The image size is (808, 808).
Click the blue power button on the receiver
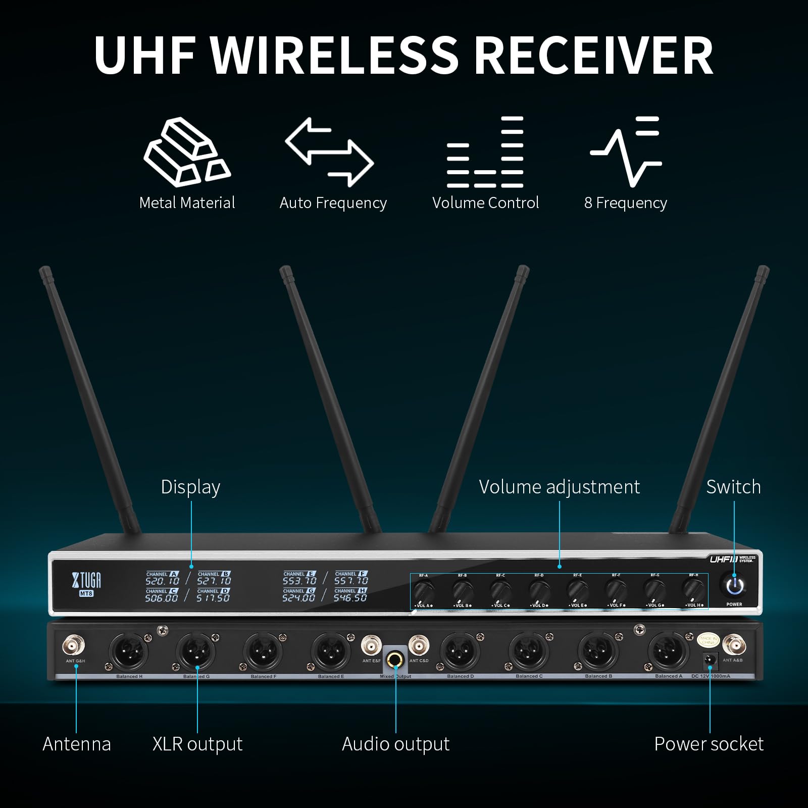tap(735, 586)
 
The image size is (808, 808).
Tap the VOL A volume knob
tap(424, 590)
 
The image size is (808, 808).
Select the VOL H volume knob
tap(694, 589)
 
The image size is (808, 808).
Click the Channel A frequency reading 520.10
tap(163, 581)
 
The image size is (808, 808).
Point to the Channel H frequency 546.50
tap(350, 598)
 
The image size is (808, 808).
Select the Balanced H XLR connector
tap(129, 652)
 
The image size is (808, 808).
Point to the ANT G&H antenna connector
tap(74, 646)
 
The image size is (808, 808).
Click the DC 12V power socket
tap(711, 660)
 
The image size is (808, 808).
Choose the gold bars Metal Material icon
tap(187, 151)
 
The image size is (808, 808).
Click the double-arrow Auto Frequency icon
tap(329, 151)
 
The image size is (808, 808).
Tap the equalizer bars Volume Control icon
tap(485, 152)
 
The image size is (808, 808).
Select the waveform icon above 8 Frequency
tap(626, 151)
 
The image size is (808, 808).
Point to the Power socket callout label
tap(709, 744)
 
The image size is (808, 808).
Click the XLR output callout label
tap(197, 744)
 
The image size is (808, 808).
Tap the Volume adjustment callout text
tap(559, 487)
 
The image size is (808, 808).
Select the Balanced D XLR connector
tap(460, 652)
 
